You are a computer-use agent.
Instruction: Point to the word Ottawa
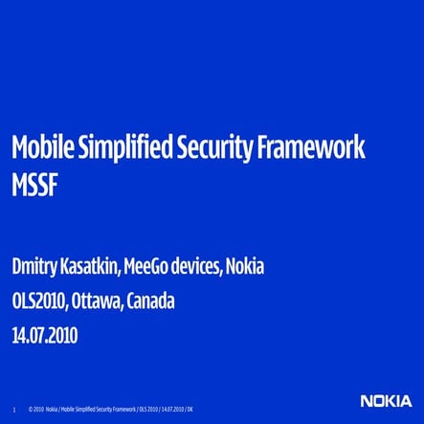click(99, 301)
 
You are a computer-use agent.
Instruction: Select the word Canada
click(152, 301)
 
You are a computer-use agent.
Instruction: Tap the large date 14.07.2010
click(45, 336)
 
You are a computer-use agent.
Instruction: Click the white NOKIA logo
click(388, 401)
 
